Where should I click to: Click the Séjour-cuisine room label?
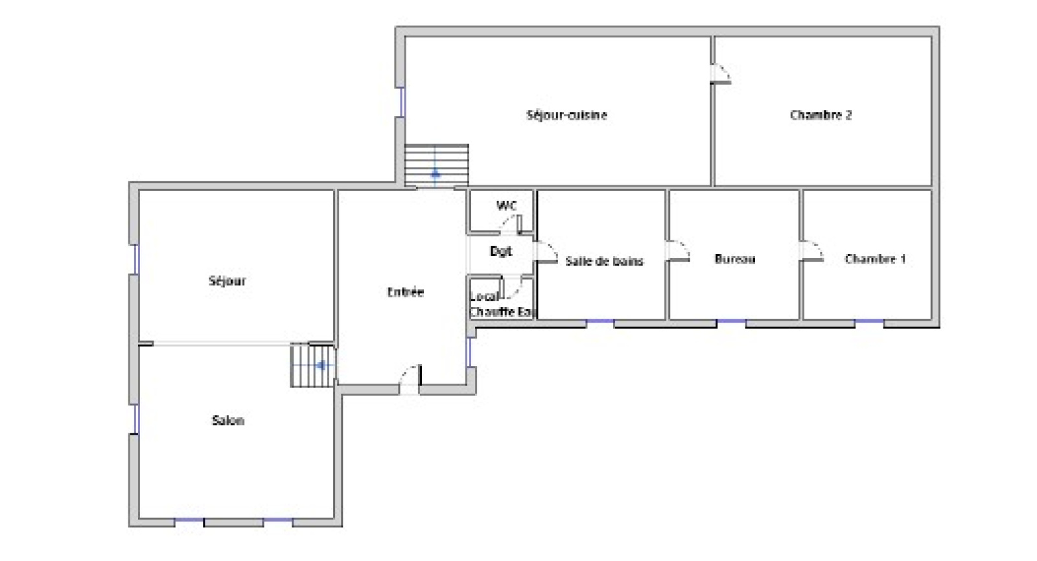pyautogui.click(x=566, y=115)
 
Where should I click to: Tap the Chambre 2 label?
pyautogui.click(x=821, y=115)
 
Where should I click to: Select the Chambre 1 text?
pyautogui.click(x=875, y=258)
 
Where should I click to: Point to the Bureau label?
pyautogui.click(x=735, y=258)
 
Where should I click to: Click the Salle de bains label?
pyautogui.click(x=604, y=261)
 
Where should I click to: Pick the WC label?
pyautogui.click(x=506, y=205)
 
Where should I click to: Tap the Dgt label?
pyautogui.click(x=501, y=251)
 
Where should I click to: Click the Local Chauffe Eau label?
pyautogui.click(x=502, y=304)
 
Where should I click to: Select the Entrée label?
pyautogui.click(x=406, y=292)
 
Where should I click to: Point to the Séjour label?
pyautogui.click(x=227, y=280)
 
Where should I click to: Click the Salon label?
pyautogui.click(x=227, y=420)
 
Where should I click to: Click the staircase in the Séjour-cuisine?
pyautogui.click(x=437, y=165)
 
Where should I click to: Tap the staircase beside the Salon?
pyautogui.click(x=312, y=365)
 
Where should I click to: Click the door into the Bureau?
pyautogui.click(x=678, y=251)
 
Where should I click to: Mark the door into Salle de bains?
pyautogui.click(x=546, y=252)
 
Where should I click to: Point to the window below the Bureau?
pyautogui.click(x=732, y=321)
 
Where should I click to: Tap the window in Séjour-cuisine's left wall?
pyautogui.click(x=402, y=102)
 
